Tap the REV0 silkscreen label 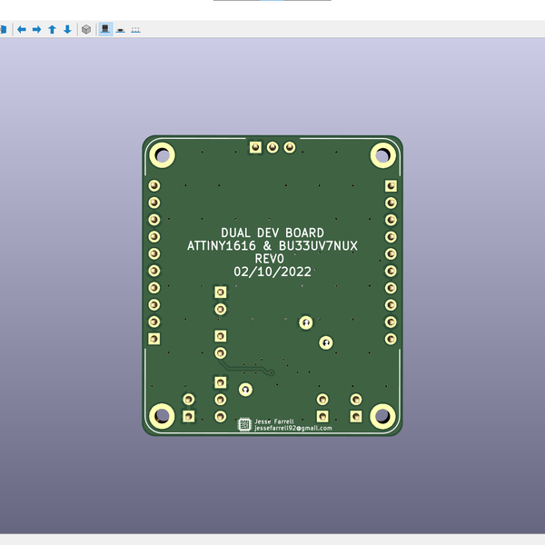[x=272, y=258]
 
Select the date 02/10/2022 [x=272, y=271]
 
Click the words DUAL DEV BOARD [x=272, y=233]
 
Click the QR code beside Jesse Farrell [x=244, y=424]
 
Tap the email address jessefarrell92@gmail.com [x=292, y=428]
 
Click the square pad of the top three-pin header [x=255, y=147]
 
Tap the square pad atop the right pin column [x=391, y=185]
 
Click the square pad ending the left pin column [x=154, y=339]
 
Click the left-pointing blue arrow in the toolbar [x=22, y=29]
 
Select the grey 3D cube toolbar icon [x=86, y=29]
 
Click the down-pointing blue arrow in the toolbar [x=67, y=29]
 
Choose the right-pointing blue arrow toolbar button [x=37, y=29]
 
